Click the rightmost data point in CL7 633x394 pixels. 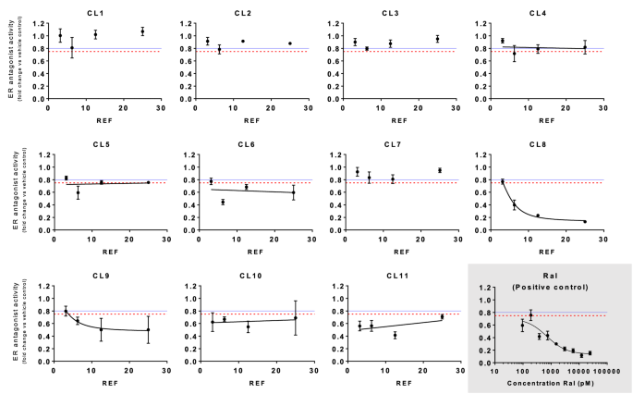click(439, 170)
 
